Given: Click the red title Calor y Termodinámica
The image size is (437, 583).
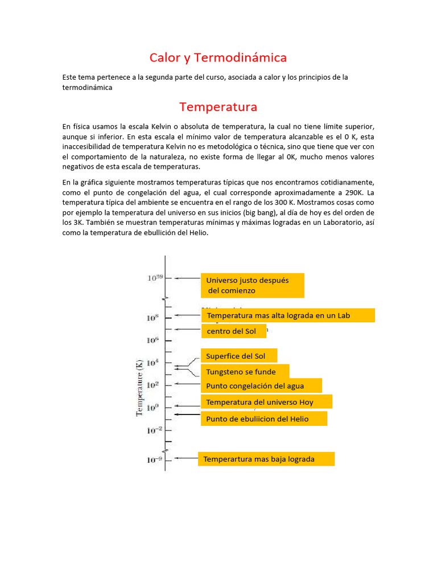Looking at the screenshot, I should pos(218,58).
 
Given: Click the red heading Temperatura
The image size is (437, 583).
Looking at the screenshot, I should pos(218,107).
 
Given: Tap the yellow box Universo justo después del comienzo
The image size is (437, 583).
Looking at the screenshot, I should pos(252,285).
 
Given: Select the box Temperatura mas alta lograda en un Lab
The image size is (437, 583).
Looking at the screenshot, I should pos(288,315).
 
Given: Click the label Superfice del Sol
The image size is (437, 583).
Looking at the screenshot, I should pos(239,356).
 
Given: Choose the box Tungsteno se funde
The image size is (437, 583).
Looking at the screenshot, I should pos(245,372).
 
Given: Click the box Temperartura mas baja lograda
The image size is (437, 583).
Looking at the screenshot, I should pos(266,459).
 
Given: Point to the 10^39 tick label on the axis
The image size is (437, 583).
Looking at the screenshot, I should pos(155,278).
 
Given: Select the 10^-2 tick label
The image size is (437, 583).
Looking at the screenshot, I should pos(155,430).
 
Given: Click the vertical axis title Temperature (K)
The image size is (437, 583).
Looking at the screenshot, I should pos(139,387).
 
